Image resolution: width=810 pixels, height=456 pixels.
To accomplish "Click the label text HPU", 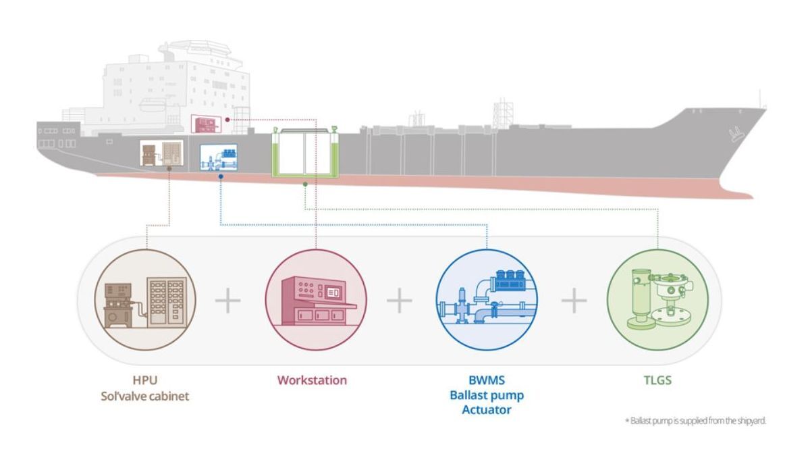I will (x=146, y=380).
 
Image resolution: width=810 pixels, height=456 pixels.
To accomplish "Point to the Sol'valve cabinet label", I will (x=146, y=396).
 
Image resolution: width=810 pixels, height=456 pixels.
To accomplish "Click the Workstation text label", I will (x=312, y=380).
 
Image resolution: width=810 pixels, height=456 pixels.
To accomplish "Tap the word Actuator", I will (x=486, y=410).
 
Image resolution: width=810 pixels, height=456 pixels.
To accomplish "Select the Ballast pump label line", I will (x=486, y=395).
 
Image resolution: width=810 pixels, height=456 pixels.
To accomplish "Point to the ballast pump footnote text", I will (x=695, y=421).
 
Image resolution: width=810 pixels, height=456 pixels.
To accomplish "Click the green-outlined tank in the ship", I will (x=306, y=154).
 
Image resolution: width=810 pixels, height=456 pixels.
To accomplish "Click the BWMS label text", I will (x=486, y=380).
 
